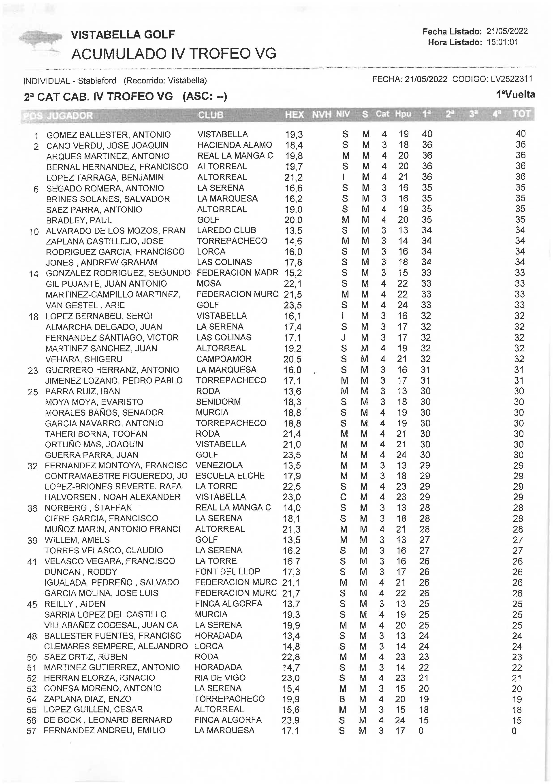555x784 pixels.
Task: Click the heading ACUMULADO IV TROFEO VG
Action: [174, 54]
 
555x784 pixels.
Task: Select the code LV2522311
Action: [511, 79]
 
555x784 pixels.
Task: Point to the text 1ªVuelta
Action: [515, 95]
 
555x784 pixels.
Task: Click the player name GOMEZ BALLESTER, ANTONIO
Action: [108, 135]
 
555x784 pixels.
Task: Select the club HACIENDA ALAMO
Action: [235, 145]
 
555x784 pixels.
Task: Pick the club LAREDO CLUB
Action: [226, 231]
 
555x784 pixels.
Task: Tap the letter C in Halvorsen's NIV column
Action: [343, 497]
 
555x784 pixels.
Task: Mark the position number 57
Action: [31, 731]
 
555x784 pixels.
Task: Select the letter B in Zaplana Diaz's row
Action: [342, 699]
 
